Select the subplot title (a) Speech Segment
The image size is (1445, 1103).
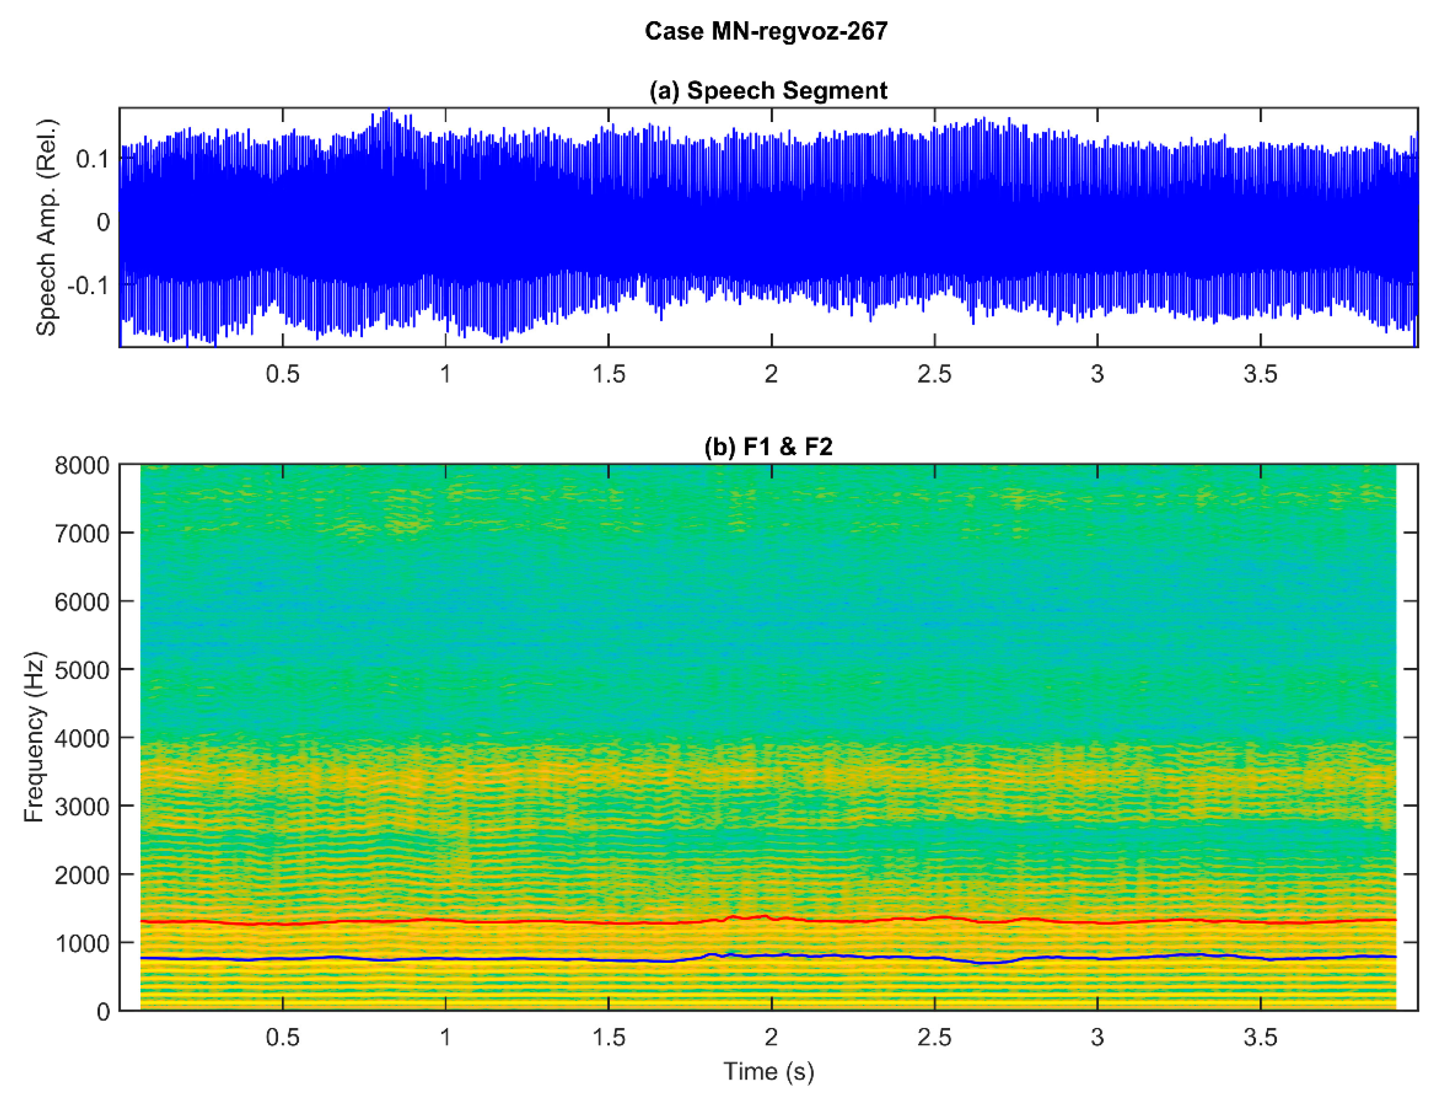click(768, 90)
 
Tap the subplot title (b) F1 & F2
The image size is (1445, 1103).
click(768, 448)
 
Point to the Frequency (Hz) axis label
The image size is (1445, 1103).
click(34, 737)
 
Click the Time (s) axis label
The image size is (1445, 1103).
click(768, 1071)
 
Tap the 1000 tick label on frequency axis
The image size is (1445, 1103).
click(82, 943)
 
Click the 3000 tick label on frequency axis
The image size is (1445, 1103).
click(82, 807)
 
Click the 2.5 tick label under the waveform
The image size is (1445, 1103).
click(934, 374)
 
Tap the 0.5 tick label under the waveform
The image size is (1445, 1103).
click(282, 374)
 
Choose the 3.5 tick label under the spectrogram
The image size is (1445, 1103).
click(1260, 1037)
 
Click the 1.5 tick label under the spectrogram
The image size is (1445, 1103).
click(608, 1037)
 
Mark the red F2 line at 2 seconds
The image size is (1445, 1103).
click(771, 918)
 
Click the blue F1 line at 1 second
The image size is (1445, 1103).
click(446, 958)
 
